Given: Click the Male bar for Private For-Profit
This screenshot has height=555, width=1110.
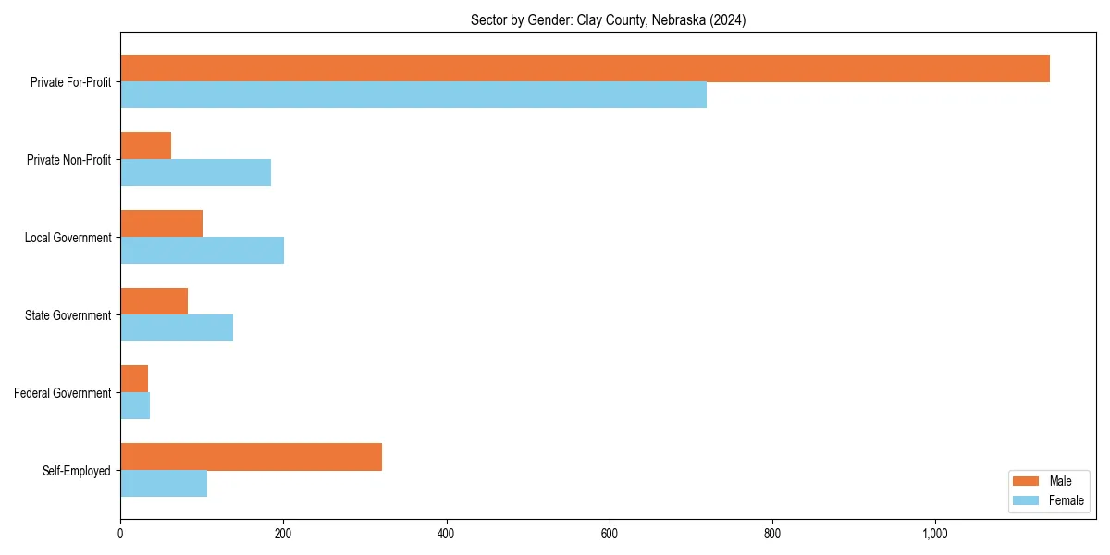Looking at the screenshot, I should click(x=585, y=68).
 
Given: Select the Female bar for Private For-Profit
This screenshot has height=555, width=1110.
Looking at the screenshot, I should click(x=413, y=95).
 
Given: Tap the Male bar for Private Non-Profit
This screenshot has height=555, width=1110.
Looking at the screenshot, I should click(x=145, y=146).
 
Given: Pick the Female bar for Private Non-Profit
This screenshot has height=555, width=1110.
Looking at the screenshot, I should click(x=195, y=173).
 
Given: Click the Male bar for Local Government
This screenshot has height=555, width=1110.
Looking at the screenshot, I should click(x=161, y=224).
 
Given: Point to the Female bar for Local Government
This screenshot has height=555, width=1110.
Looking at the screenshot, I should click(x=202, y=251).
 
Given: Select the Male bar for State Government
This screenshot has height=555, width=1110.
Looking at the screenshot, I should click(x=154, y=302).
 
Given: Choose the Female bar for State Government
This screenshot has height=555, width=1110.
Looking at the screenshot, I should click(x=177, y=328).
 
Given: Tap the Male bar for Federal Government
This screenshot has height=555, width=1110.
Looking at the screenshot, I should click(x=134, y=379).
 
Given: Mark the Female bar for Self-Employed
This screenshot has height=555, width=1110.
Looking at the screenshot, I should click(x=164, y=484).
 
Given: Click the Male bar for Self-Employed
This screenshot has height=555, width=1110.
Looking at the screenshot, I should click(x=251, y=457).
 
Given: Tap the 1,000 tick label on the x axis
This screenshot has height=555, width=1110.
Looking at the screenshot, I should click(x=935, y=533).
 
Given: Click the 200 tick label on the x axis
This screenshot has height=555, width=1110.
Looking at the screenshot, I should click(x=283, y=533).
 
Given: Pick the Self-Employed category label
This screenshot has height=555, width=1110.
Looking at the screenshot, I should click(x=77, y=471).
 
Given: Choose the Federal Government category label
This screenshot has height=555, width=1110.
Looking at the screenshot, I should click(x=63, y=393).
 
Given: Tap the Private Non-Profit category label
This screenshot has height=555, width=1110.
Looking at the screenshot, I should click(x=68, y=160).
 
